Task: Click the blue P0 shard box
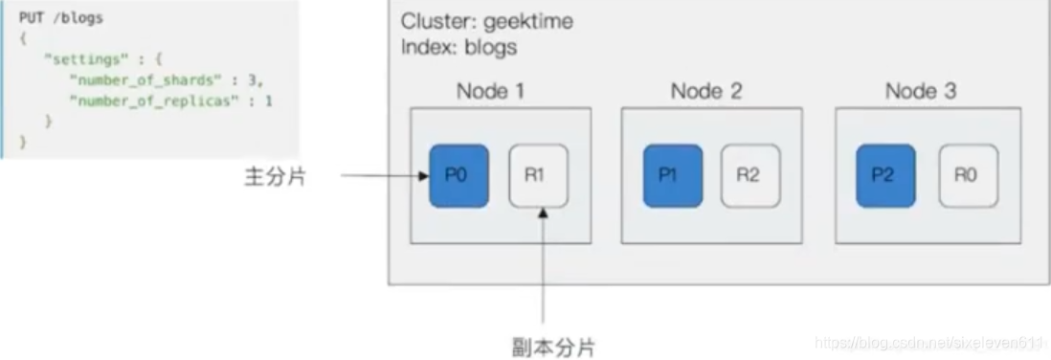[458, 176]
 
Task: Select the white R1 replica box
[537, 176]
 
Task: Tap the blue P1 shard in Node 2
[673, 176]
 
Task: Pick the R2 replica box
[750, 176]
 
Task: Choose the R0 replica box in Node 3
[967, 176]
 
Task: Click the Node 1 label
[490, 92]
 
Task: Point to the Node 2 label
[705, 92]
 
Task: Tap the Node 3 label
[920, 92]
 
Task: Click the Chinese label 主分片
[275, 176]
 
